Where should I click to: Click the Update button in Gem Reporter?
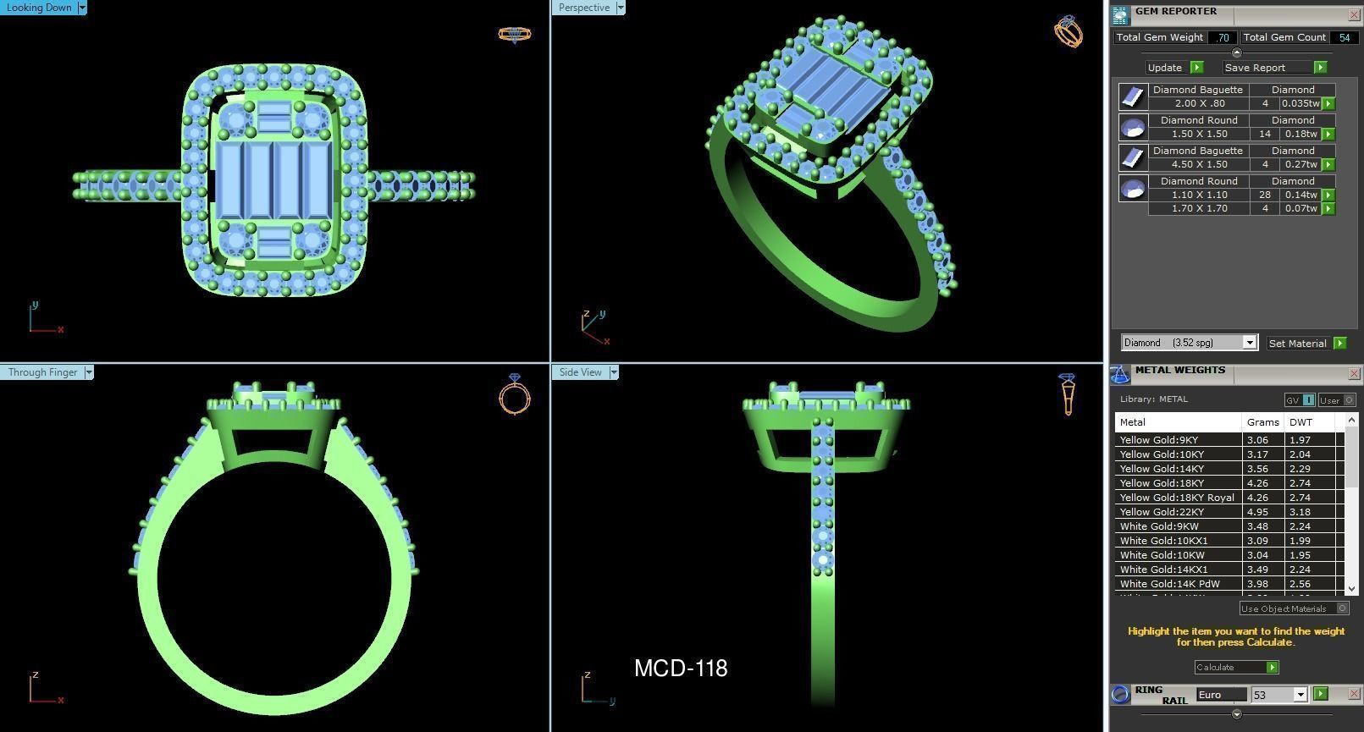tap(1165, 68)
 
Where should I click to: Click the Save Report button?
tap(1255, 68)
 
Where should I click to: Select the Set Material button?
tap(1297, 343)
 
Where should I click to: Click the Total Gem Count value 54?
tap(1344, 37)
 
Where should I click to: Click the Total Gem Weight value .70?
tap(1222, 37)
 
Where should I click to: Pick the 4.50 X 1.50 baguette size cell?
tap(1199, 164)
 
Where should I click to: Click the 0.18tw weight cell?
tap(1300, 134)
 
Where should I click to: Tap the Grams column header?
tap(1262, 422)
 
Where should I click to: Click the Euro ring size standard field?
tap(1221, 695)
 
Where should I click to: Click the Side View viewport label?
tap(580, 372)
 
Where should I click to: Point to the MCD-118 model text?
tap(681, 669)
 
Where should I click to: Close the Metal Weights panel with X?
tap(1353, 373)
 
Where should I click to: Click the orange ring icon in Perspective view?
tap(1068, 32)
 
